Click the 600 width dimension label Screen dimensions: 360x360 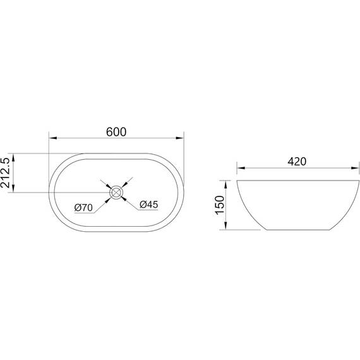point(116,132)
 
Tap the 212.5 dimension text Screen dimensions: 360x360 point(6,172)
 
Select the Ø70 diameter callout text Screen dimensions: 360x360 point(83,208)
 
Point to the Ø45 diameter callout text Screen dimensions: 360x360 point(149,205)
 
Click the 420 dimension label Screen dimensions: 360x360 point(297,162)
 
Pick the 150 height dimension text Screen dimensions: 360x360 point(220,205)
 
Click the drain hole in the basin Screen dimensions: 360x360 point(116,193)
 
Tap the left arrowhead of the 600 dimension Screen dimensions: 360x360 point(53,138)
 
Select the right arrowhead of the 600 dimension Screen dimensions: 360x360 point(180,138)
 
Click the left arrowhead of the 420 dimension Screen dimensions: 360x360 point(241,168)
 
